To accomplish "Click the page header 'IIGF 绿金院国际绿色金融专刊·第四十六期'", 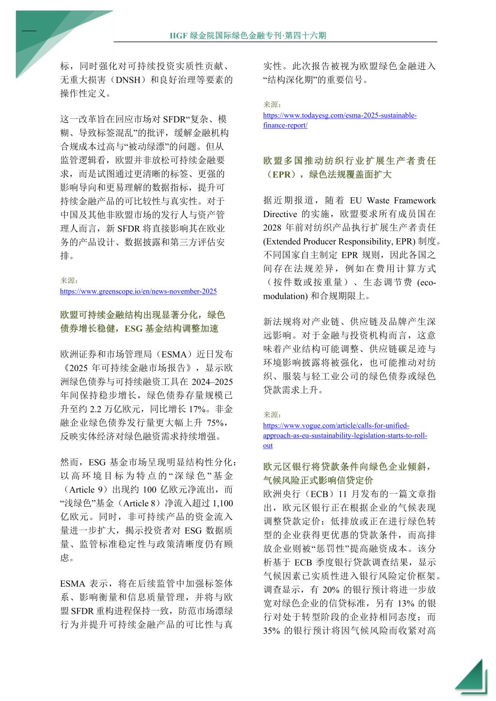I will click(248, 36).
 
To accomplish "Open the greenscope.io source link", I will click(138, 291).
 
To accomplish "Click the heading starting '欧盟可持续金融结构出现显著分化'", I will click(142, 322).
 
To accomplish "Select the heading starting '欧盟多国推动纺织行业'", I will click(349, 168).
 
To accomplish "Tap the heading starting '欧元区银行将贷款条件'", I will click(346, 473).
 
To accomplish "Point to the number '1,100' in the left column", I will click(223, 503).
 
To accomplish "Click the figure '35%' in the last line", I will click(272, 631).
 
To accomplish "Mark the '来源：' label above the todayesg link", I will click(272, 105).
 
